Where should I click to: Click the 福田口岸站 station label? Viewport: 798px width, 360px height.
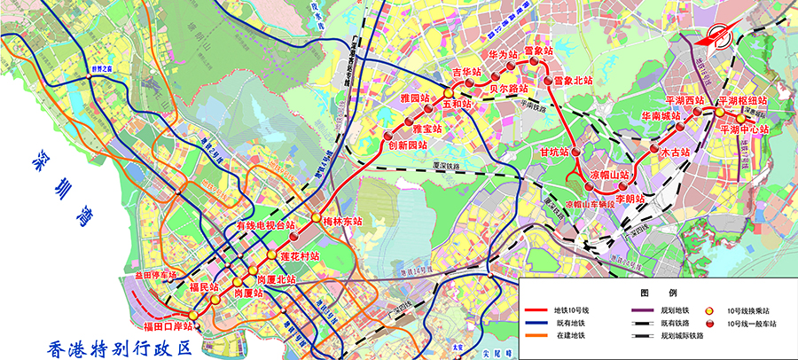pyautogui.click(x=162, y=326)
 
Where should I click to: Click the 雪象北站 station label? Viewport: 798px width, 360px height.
pyautogui.click(x=571, y=81)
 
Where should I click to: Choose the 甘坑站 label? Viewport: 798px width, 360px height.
pyautogui.click(x=556, y=152)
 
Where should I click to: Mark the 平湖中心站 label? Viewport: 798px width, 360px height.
pyautogui.click(x=744, y=129)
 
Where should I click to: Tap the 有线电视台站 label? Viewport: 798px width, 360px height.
pyautogui.click(x=263, y=226)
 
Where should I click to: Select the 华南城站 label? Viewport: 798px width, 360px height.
pyautogui.click(x=659, y=115)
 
